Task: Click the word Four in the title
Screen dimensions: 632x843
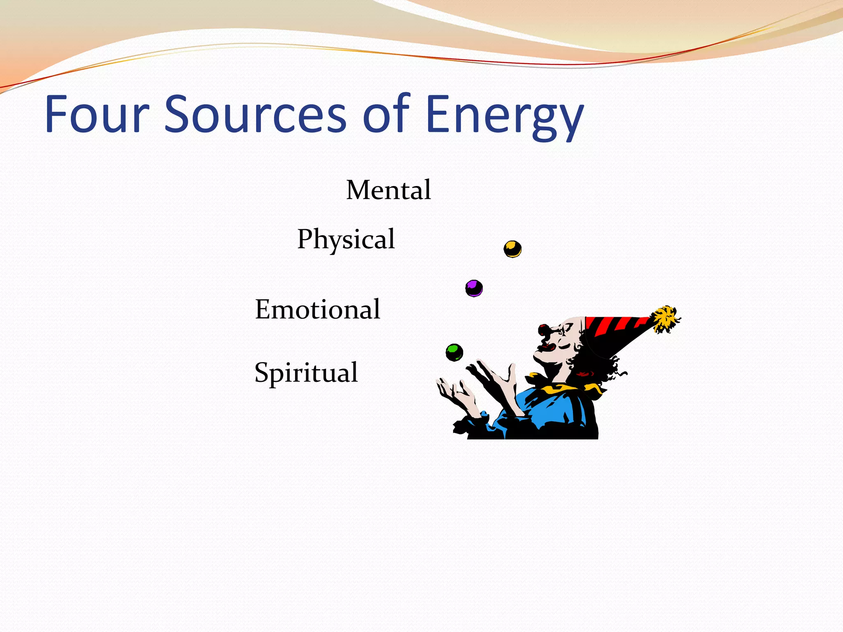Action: pyautogui.click(x=96, y=114)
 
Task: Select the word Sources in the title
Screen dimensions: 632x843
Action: pyautogui.click(x=255, y=114)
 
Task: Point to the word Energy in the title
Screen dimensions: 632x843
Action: pyautogui.click(x=504, y=117)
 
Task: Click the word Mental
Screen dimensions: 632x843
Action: pyautogui.click(x=388, y=190)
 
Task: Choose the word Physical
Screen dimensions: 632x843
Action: pyautogui.click(x=346, y=239)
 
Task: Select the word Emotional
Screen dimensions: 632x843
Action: pyautogui.click(x=317, y=309)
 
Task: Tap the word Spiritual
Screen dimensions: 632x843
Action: pyautogui.click(x=306, y=373)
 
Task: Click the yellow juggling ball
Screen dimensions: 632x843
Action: pyautogui.click(x=512, y=249)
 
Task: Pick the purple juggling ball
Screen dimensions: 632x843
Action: pyautogui.click(x=474, y=288)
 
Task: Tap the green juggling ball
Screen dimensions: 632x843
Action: pyautogui.click(x=454, y=352)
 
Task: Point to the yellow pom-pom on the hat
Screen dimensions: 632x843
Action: pyautogui.click(x=664, y=318)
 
